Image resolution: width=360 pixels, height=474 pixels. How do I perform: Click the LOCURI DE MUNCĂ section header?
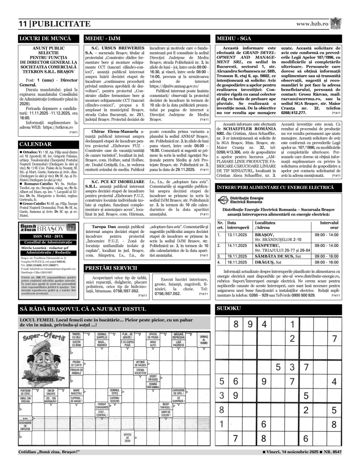click(49, 38)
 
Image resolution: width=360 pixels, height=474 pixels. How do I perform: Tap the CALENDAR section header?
click(49, 144)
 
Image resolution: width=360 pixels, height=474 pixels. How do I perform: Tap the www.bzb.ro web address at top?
click(312, 23)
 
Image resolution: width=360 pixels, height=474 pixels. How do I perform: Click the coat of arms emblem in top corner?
click(336, 23)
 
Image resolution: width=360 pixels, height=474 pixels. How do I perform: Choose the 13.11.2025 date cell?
click(237, 235)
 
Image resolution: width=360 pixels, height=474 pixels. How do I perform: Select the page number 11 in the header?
click(23, 24)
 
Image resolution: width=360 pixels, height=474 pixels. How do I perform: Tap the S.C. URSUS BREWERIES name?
click(118, 48)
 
